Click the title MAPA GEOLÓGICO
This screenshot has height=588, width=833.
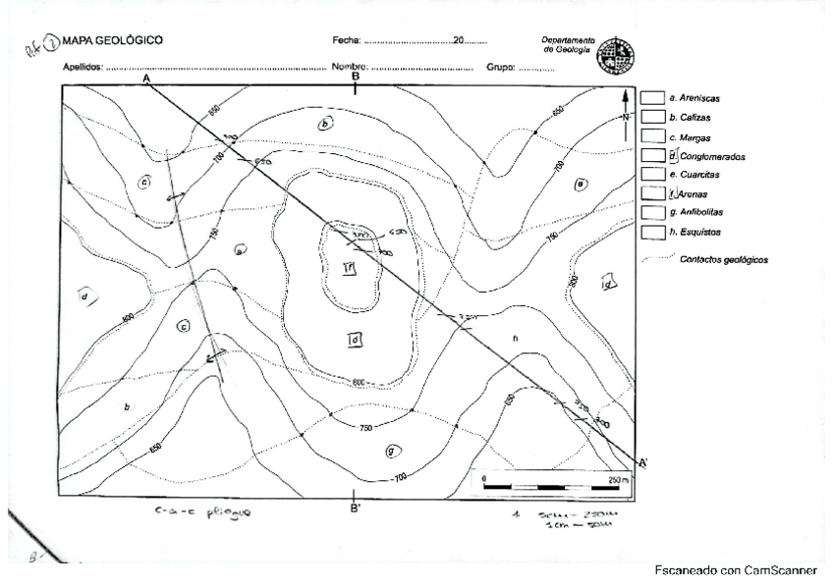coord(112,41)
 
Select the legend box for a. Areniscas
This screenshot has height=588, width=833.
coord(651,99)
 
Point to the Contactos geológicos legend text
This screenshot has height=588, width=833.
coord(725,260)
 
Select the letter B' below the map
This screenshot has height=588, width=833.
coord(356,508)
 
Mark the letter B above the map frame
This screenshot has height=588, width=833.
coord(356,76)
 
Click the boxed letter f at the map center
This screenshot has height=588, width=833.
coord(348,267)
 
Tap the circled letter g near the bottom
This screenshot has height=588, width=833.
coord(391,451)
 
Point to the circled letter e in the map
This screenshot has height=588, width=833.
coord(581,183)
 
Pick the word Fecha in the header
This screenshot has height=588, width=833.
coord(347,42)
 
